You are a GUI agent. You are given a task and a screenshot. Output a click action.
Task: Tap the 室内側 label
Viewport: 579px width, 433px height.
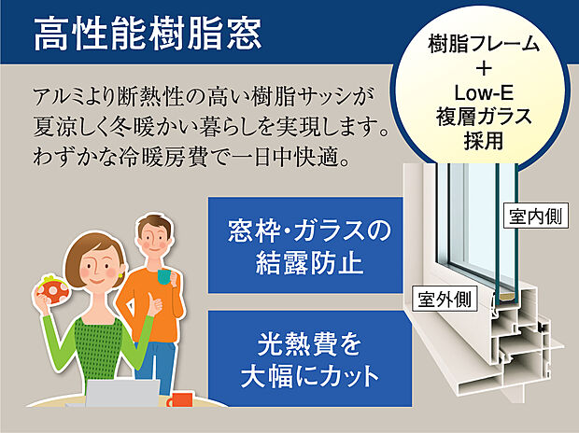point(535,216)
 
